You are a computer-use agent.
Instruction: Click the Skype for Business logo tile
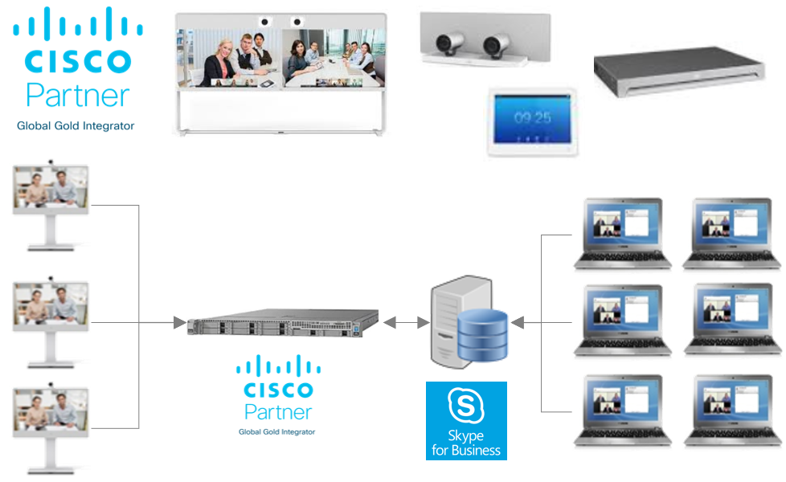[466, 420]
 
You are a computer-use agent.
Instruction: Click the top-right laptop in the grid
[731, 232]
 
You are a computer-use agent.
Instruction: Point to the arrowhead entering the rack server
[180, 323]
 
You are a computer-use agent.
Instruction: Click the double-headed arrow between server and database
[405, 323]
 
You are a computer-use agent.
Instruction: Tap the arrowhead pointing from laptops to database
[518, 323]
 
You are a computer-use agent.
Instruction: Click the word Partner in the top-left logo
[77, 96]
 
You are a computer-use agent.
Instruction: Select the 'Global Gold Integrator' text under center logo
[276, 432]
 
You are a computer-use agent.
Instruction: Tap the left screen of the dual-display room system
[230, 58]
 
